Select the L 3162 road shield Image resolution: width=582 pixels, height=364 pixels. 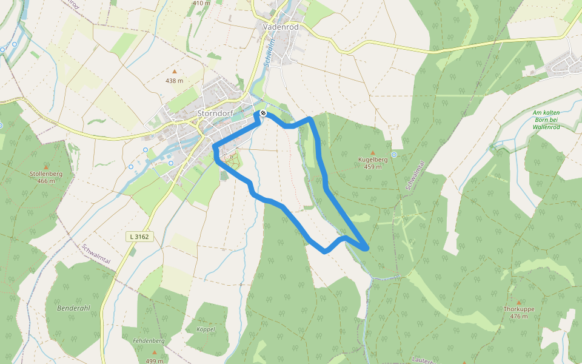(138, 236)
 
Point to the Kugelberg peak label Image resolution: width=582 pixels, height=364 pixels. (373, 160)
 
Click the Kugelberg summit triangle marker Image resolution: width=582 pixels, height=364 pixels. (373, 153)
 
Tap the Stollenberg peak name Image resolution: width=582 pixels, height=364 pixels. (46, 174)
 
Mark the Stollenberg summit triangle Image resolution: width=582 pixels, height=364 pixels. (46, 167)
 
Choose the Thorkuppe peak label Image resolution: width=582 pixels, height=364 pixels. (519, 309)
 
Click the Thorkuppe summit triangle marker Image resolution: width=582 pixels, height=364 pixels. (519, 302)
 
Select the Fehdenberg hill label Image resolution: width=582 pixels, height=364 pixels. (149, 341)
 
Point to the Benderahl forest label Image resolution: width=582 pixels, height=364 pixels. (73, 308)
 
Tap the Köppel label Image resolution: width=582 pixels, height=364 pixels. (206, 329)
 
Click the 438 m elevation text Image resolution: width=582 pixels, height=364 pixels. (175, 81)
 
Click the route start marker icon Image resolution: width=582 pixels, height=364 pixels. (263, 113)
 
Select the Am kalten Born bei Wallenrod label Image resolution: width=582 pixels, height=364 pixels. (547, 120)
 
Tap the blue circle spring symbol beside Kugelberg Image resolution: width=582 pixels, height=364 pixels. (394, 155)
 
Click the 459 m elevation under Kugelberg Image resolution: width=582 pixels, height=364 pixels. (373, 167)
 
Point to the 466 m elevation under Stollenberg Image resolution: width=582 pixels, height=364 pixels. (46, 181)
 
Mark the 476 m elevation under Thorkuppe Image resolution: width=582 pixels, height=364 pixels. (519, 316)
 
